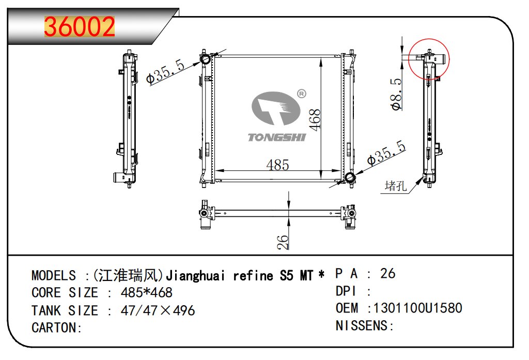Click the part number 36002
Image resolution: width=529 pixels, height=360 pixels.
(80, 27)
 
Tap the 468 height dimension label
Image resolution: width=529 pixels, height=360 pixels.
(315, 120)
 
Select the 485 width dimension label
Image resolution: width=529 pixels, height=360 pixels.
(277, 165)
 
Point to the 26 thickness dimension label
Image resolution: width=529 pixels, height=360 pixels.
(283, 242)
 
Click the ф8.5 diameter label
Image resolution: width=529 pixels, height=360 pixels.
(396, 95)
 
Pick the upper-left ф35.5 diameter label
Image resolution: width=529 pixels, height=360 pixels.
(166, 71)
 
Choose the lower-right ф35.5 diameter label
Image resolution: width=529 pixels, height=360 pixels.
(386, 153)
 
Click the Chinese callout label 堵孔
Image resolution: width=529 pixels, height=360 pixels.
(396, 185)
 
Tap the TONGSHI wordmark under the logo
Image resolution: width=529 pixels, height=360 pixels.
(277, 137)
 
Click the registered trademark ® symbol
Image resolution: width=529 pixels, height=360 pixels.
(301, 93)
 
